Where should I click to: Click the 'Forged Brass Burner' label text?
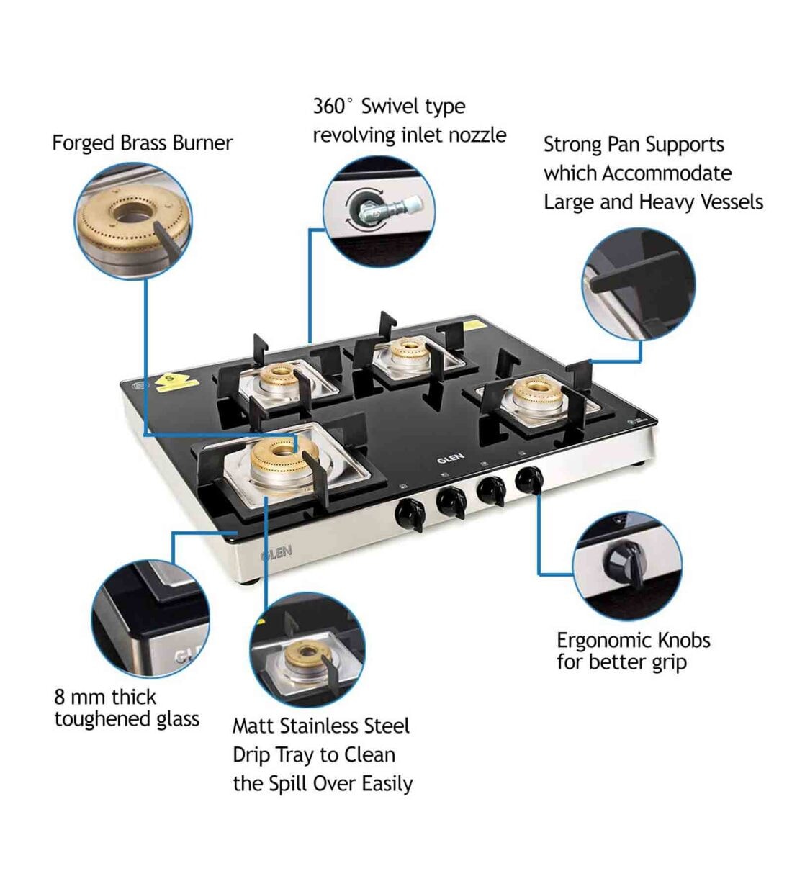coord(142,143)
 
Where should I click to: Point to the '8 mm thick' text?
coord(105,697)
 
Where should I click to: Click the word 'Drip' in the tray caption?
coord(251,754)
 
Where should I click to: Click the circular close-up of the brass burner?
coord(134,221)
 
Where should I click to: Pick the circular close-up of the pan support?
coord(639,285)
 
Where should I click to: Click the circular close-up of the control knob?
coord(626,566)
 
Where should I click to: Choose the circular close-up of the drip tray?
coord(307,651)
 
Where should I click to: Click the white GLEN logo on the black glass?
coord(451,459)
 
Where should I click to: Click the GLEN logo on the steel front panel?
coord(276,553)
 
